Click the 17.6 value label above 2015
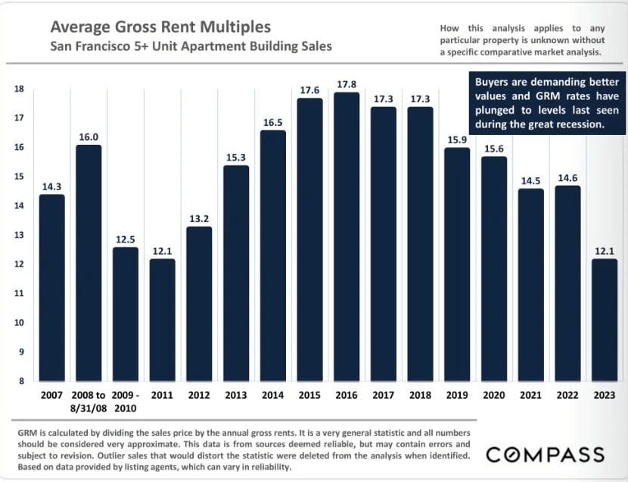(310, 90)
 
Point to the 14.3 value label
(51, 186)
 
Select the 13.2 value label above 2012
(200, 218)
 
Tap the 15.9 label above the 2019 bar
(458, 140)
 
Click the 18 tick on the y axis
(19, 89)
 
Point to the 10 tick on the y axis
(19, 323)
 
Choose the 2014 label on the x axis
(272, 395)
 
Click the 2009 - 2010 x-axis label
(126, 401)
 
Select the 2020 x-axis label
(494, 395)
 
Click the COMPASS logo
(545, 455)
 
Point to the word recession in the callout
(578, 124)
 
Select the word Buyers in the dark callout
(493, 82)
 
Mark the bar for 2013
(236, 274)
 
